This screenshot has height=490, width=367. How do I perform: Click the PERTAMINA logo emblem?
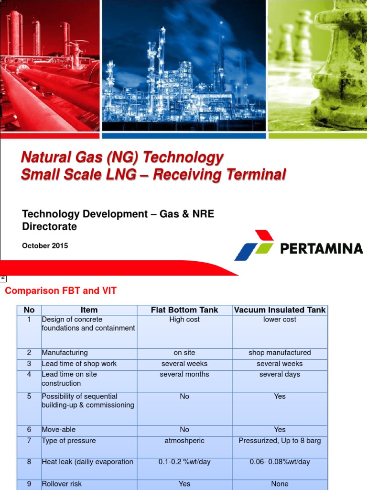[254, 245]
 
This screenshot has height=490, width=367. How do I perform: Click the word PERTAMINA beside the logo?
[321, 248]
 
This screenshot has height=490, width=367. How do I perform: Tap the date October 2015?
[45, 245]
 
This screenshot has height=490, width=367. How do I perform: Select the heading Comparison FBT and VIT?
[60, 290]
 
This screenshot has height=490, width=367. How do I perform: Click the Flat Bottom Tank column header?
[184, 310]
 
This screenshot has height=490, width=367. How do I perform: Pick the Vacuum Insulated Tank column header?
[280, 310]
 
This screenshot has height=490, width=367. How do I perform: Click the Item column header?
[89, 310]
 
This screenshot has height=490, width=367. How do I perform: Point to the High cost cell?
[184, 320]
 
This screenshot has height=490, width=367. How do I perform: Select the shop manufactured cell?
[280, 353]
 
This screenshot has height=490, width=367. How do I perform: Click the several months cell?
[184, 374]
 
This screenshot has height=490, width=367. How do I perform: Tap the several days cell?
[280, 374]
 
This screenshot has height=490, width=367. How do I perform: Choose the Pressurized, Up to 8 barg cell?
[280, 441]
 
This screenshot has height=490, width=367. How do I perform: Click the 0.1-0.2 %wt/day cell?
[184, 462]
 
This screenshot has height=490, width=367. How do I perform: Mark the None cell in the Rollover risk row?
[280, 484]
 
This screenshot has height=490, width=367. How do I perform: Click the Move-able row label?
[59, 430]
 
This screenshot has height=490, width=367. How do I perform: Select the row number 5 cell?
[29, 396]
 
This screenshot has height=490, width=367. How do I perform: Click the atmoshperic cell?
[184, 441]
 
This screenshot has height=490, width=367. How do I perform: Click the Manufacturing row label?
[65, 353]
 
